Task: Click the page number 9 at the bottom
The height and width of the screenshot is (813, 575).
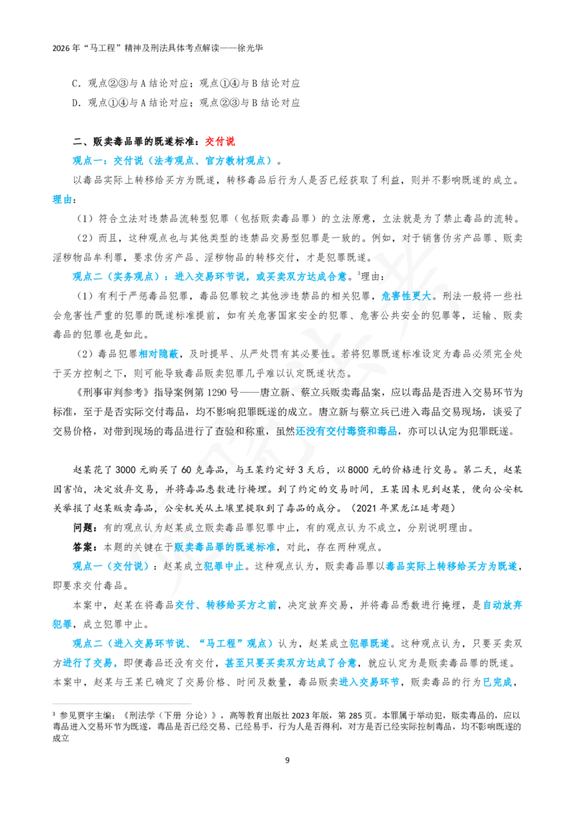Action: click(287, 760)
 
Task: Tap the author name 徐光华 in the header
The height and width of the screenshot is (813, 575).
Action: click(250, 48)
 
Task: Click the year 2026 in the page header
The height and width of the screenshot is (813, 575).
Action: click(61, 48)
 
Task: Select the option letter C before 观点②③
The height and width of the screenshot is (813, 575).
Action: click(75, 83)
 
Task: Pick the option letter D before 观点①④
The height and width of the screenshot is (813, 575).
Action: click(75, 103)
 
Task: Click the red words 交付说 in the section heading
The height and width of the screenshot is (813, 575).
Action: click(220, 141)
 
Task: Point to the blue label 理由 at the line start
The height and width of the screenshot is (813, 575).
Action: click(62, 200)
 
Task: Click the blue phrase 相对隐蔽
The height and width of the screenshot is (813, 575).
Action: click(158, 354)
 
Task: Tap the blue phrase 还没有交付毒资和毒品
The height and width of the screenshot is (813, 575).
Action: click(346, 431)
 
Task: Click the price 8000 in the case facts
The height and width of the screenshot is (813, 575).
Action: click(358, 470)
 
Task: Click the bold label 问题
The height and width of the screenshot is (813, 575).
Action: click(83, 528)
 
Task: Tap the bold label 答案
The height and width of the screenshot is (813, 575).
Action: click(83, 547)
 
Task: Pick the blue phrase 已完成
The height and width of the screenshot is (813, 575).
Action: click(497, 682)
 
